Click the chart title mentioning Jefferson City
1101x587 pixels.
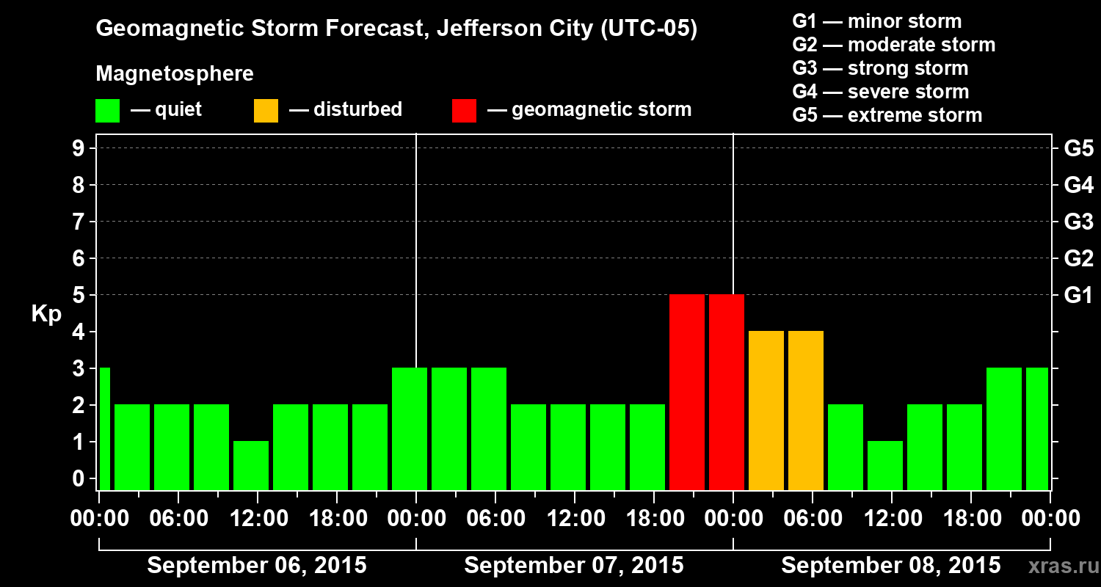pos(396,29)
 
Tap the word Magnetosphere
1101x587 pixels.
pos(175,74)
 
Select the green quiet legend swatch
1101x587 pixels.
pos(107,111)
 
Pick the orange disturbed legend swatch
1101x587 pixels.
pos(266,111)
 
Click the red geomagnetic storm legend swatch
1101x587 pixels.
pos(464,111)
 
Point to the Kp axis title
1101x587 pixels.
pos(46,314)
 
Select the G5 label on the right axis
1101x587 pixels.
pos(1078,148)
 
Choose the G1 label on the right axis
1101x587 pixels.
pos(1078,296)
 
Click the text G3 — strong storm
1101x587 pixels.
pos(880,68)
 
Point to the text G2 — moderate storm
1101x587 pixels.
pos(893,45)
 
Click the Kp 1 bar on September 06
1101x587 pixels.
pos(251,465)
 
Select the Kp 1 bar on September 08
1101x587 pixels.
pos(885,465)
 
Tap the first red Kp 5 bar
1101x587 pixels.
pos(687,392)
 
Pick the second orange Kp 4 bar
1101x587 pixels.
pos(806,410)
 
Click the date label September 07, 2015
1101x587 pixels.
pos(574,566)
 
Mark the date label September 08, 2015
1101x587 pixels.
pos(890,566)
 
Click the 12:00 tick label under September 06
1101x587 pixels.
pos(258,519)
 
